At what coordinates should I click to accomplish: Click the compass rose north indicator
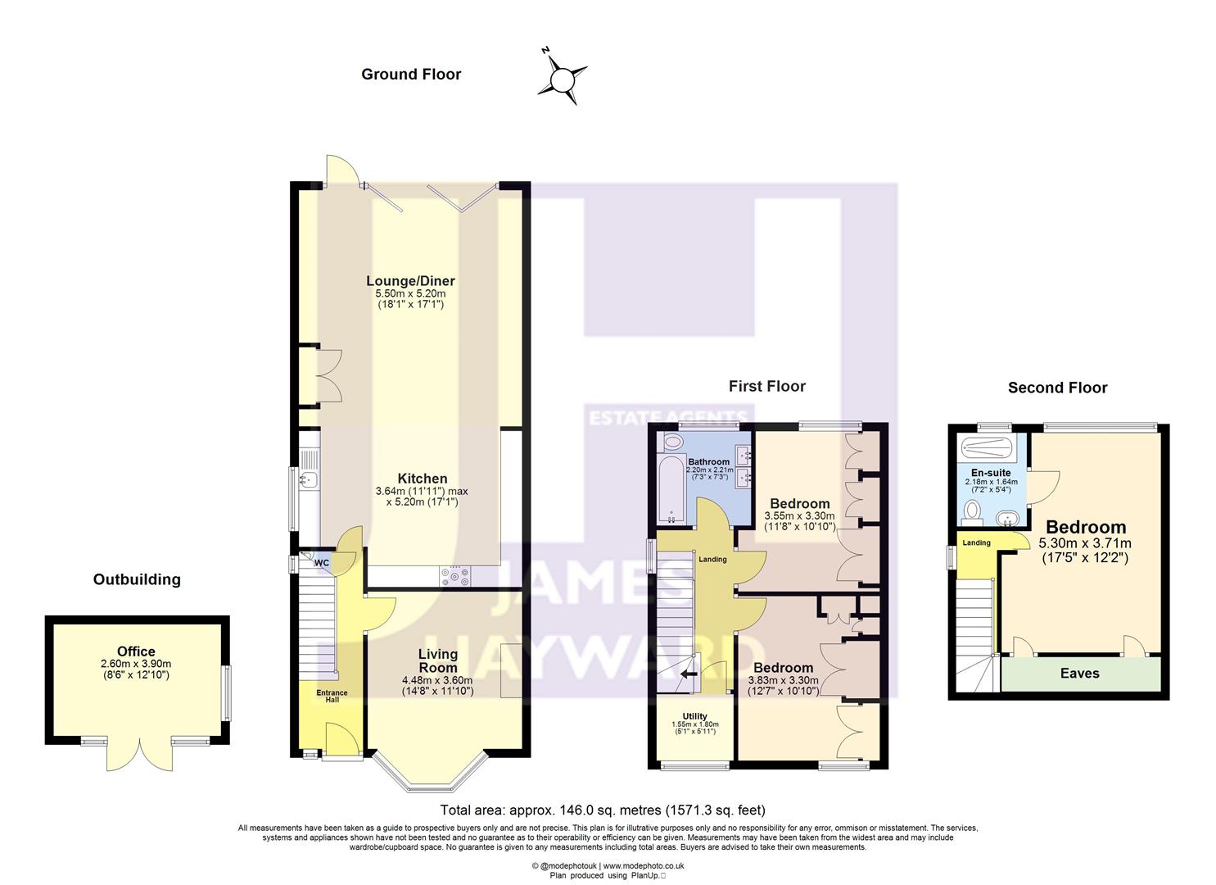[x=563, y=79]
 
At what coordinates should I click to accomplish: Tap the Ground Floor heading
[x=411, y=75]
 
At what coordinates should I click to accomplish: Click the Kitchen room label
[x=422, y=479]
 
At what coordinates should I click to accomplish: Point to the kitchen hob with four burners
[x=456, y=577]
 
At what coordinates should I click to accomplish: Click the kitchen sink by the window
[x=309, y=480]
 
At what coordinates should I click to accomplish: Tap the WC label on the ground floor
[x=322, y=563]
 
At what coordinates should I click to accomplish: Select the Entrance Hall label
[x=332, y=696]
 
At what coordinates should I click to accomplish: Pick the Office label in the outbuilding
[x=136, y=651]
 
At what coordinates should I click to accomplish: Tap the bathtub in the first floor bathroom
[x=671, y=490]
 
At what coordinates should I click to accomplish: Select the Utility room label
[x=694, y=716]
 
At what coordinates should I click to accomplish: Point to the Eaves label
[x=1079, y=674]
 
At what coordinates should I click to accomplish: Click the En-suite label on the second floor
[x=990, y=473]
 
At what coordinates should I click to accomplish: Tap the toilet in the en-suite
[x=973, y=512]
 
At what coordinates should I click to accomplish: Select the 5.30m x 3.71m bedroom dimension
[x=1085, y=543]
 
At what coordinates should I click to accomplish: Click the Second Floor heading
[x=1057, y=388]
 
